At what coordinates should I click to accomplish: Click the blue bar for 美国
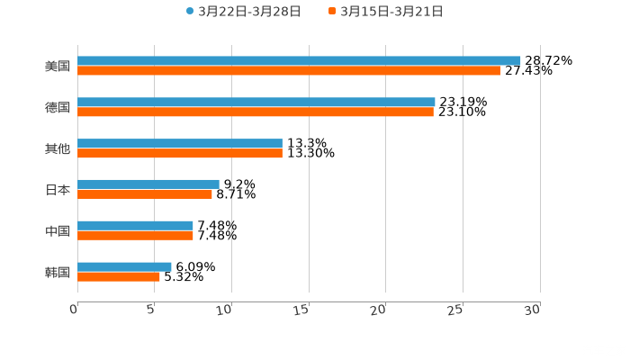click(299, 60)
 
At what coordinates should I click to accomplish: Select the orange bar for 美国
click(289, 70)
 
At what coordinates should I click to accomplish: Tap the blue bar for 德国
click(256, 102)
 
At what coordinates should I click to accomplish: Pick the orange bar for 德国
click(256, 112)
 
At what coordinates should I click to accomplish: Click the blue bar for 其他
click(180, 143)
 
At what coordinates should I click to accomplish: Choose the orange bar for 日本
click(145, 193)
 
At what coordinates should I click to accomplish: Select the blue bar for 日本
click(148, 184)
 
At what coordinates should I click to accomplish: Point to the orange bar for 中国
click(135, 235)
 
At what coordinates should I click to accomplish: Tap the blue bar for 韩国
click(124, 266)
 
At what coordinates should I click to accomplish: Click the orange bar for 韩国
click(119, 276)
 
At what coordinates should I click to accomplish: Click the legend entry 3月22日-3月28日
click(243, 12)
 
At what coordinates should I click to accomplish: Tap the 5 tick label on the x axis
click(152, 309)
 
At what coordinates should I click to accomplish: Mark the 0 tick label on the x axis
click(75, 309)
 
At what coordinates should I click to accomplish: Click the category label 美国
click(58, 66)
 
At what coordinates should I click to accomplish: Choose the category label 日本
click(58, 189)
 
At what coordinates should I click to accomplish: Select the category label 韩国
click(58, 272)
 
